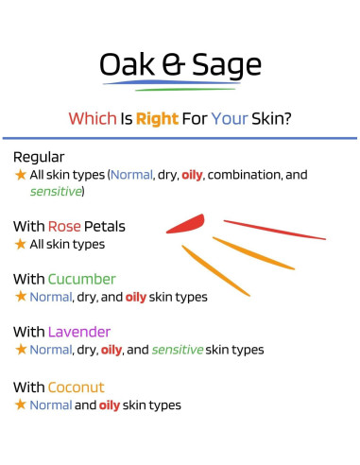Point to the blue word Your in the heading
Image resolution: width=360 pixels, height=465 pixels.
click(229, 119)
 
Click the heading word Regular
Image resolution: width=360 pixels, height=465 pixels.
click(39, 157)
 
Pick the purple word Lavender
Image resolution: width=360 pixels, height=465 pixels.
click(79, 333)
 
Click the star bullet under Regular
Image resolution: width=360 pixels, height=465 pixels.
click(20, 175)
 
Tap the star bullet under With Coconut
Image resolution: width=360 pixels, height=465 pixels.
click(20, 405)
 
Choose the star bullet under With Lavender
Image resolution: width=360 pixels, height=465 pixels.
click(20, 350)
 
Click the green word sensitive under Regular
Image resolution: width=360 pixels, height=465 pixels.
click(56, 192)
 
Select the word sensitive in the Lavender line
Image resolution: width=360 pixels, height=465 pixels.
click(179, 350)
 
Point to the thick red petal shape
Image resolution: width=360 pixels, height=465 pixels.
click(186, 224)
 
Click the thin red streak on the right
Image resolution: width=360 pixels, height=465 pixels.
click(274, 230)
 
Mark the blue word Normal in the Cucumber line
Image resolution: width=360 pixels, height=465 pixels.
click(50, 297)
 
